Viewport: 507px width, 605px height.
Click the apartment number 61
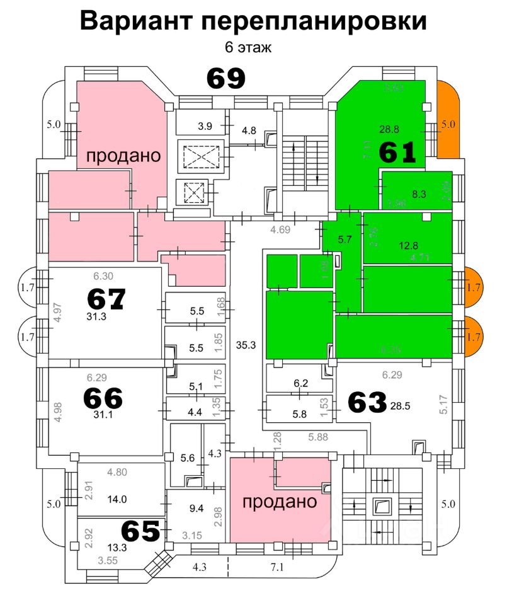click(397, 152)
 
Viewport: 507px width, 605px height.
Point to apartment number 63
click(367, 403)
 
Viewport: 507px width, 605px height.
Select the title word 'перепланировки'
click(314, 21)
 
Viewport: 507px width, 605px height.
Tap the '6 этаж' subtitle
click(248, 48)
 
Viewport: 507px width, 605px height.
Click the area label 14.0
click(117, 498)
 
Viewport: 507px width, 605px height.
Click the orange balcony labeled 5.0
click(448, 124)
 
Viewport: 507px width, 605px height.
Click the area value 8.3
click(419, 194)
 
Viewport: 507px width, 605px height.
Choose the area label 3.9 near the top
click(205, 126)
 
